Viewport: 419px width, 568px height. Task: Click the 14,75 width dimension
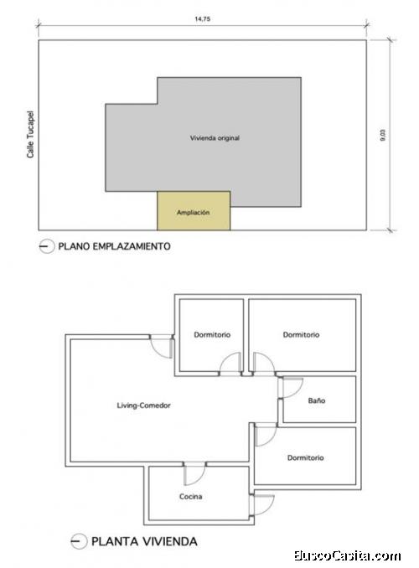(x=202, y=19)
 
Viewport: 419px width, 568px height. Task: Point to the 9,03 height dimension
(x=383, y=135)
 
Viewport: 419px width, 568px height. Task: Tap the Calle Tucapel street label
(x=30, y=134)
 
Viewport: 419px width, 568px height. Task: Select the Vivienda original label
(x=215, y=138)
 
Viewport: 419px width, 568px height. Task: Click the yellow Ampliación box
(x=194, y=211)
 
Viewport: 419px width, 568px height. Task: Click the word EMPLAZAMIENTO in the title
(x=132, y=246)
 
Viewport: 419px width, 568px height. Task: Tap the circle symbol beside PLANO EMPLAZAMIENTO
(x=46, y=246)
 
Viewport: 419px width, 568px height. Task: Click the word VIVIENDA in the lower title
(x=169, y=541)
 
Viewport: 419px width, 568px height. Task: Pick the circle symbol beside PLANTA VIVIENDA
(x=78, y=541)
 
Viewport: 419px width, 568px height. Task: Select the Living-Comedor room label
(x=143, y=405)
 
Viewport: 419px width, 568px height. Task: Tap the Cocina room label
(x=191, y=497)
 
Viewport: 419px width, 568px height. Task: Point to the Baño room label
(x=317, y=400)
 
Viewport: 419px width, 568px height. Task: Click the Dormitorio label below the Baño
(x=305, y=458)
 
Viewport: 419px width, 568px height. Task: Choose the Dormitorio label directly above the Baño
(x=301, y=335)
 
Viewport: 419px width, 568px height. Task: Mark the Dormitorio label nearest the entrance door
(x=212, y=335)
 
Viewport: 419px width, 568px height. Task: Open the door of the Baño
(x=290, y=388)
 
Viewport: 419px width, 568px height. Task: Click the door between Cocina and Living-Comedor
(x=194, y=473)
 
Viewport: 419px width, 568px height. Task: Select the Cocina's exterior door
(x=261, y=504)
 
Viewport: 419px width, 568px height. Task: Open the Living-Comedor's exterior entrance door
(x=161, y=347)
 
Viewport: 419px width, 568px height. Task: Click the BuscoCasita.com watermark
(x=348, y=555)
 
